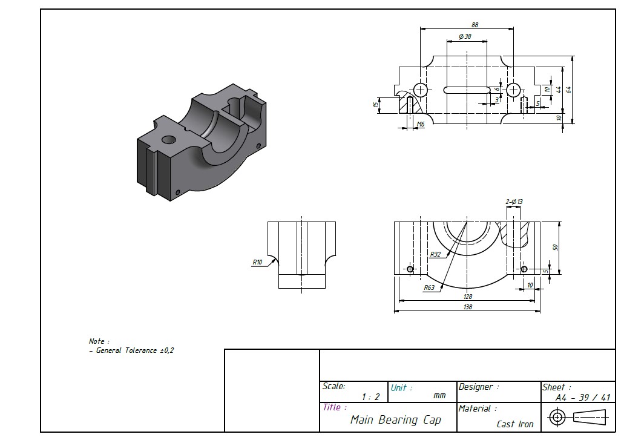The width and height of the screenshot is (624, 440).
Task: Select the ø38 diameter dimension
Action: (465, 37)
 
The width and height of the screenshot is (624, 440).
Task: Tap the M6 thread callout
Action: (420, 124)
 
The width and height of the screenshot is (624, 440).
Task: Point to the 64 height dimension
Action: (568, 90)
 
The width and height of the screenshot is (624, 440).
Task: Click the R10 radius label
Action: (258, 262)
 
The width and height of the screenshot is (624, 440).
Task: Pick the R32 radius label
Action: (435, 255)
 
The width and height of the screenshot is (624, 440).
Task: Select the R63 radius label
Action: (429, 287)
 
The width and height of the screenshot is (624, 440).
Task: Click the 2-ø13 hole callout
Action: (514, 202)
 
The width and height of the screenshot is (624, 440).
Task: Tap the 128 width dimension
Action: (467, 297)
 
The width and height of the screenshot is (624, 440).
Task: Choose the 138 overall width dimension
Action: (467, 307)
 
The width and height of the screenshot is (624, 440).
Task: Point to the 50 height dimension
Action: (554, 247)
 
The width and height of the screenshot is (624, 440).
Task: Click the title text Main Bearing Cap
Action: (396, 419)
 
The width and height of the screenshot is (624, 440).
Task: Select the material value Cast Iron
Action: (515, 424)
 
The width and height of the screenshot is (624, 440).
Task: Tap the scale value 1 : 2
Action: (370, 397)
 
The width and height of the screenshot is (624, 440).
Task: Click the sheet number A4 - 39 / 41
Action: (583, 398)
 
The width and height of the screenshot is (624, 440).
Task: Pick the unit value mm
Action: (439, 396)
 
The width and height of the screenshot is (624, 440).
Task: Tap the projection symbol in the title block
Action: (580, 417)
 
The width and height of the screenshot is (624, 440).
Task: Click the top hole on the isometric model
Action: (169, 140)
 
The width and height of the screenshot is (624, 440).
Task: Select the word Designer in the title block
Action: (479, 387)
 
